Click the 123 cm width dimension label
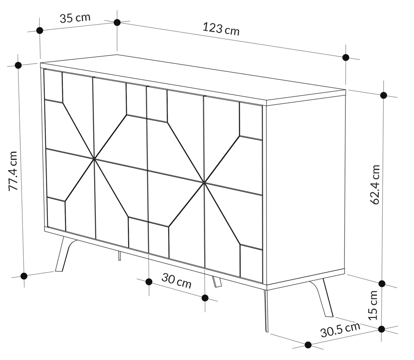(x=221, y=29)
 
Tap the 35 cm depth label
(x=75, y=18)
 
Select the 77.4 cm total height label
(x=13, y=171)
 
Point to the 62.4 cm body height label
(x=375, y=185)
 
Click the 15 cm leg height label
(x=373, y=305)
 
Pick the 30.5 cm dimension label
(x=340, y=330)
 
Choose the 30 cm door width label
(x=176, y=281)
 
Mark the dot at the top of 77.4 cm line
(x=18, y=65)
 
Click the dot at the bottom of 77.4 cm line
(x=24, y=276)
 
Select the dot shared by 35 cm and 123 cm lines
(x=117, y=22)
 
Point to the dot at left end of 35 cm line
(x=40, y=31)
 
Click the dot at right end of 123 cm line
(x=345, y=57)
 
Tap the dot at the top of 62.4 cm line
(x=384, y=95)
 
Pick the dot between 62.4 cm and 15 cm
(x=382, y=284)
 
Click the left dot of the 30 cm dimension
(x=149, y=282)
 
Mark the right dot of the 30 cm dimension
(x=205, y=298)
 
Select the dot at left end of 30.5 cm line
(x=308, y=345)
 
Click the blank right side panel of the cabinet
(x=306, y=189)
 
